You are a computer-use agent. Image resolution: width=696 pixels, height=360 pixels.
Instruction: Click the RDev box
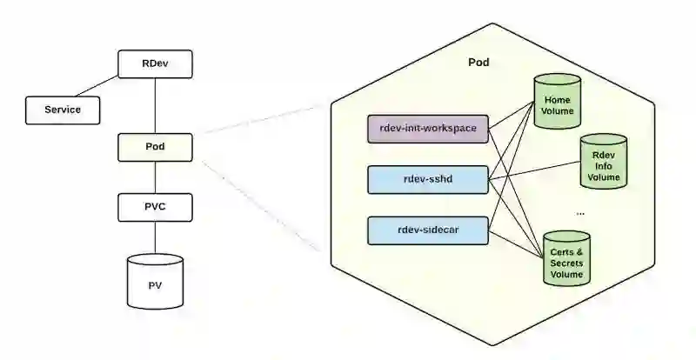tap(155, 64)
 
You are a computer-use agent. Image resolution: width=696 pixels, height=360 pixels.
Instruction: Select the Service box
tap(63, 110)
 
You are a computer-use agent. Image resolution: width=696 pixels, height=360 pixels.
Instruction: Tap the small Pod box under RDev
tap(155, 146)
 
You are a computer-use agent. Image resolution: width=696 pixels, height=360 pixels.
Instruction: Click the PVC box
tap(155, 207)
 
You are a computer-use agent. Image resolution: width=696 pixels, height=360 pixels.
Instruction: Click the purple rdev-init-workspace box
tap(427, 129)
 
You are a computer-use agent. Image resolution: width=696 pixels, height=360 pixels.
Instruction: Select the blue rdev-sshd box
tap(427, 180)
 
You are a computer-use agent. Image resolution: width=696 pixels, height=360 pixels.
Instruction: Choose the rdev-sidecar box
tap(427, 230)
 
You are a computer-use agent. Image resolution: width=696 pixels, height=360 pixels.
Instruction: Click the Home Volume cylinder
tap(557, 105)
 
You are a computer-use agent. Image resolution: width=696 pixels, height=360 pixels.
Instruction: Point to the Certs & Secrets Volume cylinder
tap(566, 260)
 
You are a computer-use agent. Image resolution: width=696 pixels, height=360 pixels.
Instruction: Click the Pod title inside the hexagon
tap(478, 62)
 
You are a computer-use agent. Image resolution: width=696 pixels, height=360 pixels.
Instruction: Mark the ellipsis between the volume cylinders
tap(580, 213)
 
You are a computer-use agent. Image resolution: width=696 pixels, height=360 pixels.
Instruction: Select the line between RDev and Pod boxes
tap(155, 104)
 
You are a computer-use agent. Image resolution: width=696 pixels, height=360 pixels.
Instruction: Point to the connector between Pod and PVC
tap(155, 177)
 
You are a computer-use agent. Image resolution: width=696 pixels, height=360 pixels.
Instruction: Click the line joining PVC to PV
tap(155, 237)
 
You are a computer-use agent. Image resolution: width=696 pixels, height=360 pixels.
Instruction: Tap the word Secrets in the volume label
tap(567, 263)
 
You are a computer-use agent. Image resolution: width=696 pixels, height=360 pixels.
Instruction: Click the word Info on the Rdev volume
tap(604, 165)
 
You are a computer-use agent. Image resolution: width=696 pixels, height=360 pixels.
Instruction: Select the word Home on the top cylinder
tap(557, 100)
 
